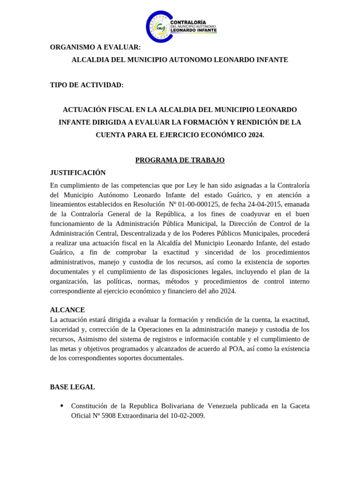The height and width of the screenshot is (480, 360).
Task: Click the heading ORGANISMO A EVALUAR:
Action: (95, 47)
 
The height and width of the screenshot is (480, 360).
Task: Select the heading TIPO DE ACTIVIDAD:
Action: (87, 85)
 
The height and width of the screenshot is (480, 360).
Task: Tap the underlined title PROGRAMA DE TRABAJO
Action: (180, 160)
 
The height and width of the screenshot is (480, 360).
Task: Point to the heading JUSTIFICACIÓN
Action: (78, 172)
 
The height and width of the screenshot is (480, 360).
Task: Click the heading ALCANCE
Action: (67, 310)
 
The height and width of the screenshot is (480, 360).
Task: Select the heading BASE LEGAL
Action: (72, 387)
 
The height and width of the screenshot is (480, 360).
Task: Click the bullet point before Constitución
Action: (62, 405)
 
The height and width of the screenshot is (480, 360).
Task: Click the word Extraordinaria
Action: (143, 416)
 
